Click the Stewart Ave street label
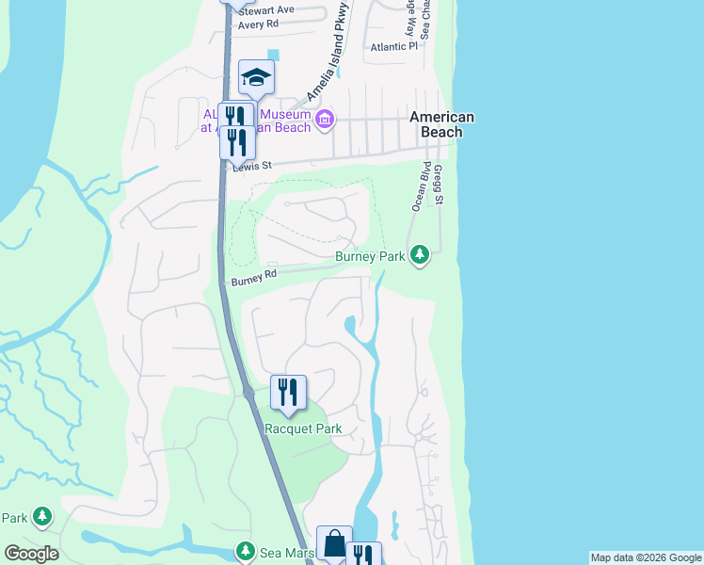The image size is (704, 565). pos(266,10)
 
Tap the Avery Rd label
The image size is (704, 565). pos(259,24)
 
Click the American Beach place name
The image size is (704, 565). pos(441,124)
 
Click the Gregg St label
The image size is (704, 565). pos(439,184)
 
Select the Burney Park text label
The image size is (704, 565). pos(370,256)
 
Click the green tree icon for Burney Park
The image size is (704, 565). pos(420,254)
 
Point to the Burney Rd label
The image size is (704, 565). pos(253,277)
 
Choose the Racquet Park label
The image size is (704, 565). pos(303,428)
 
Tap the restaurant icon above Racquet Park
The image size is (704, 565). pos(288,392)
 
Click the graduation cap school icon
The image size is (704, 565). pos(256,77)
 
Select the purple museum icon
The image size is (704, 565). pos(325,119)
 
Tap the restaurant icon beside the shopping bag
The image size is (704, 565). pos(363,556)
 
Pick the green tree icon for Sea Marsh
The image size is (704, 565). pos(246,549)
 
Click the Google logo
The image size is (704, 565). pos(31,554)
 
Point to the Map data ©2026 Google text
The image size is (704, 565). pos(646,557)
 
